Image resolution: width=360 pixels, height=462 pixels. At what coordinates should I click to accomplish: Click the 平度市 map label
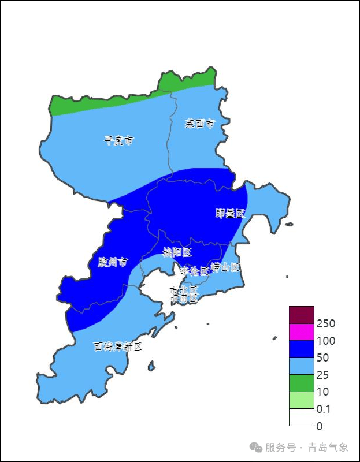118,140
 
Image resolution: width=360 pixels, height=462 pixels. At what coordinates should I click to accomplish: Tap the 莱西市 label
200,124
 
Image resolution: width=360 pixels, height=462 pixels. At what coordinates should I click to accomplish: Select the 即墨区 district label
230,214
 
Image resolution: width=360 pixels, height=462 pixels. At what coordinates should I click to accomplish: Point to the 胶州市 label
113,263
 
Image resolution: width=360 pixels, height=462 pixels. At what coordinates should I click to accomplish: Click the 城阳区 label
177,252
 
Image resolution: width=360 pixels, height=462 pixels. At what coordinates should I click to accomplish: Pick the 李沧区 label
195,271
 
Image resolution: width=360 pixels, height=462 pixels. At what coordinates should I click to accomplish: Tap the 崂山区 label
225,267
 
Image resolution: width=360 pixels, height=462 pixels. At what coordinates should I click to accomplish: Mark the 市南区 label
184,299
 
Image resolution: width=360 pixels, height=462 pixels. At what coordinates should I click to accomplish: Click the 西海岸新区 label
118,346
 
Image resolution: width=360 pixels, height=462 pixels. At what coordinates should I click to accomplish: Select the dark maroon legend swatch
302,315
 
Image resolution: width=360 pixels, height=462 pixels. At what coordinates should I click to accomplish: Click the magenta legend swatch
302,332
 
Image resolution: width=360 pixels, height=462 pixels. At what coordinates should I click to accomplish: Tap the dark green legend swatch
302,383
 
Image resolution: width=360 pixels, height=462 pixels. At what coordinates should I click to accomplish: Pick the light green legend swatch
302,400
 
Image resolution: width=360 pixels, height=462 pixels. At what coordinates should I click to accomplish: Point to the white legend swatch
302,417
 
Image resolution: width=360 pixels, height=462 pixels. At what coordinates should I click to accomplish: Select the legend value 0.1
324,409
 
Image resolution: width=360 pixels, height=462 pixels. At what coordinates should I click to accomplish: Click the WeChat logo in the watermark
255,448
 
